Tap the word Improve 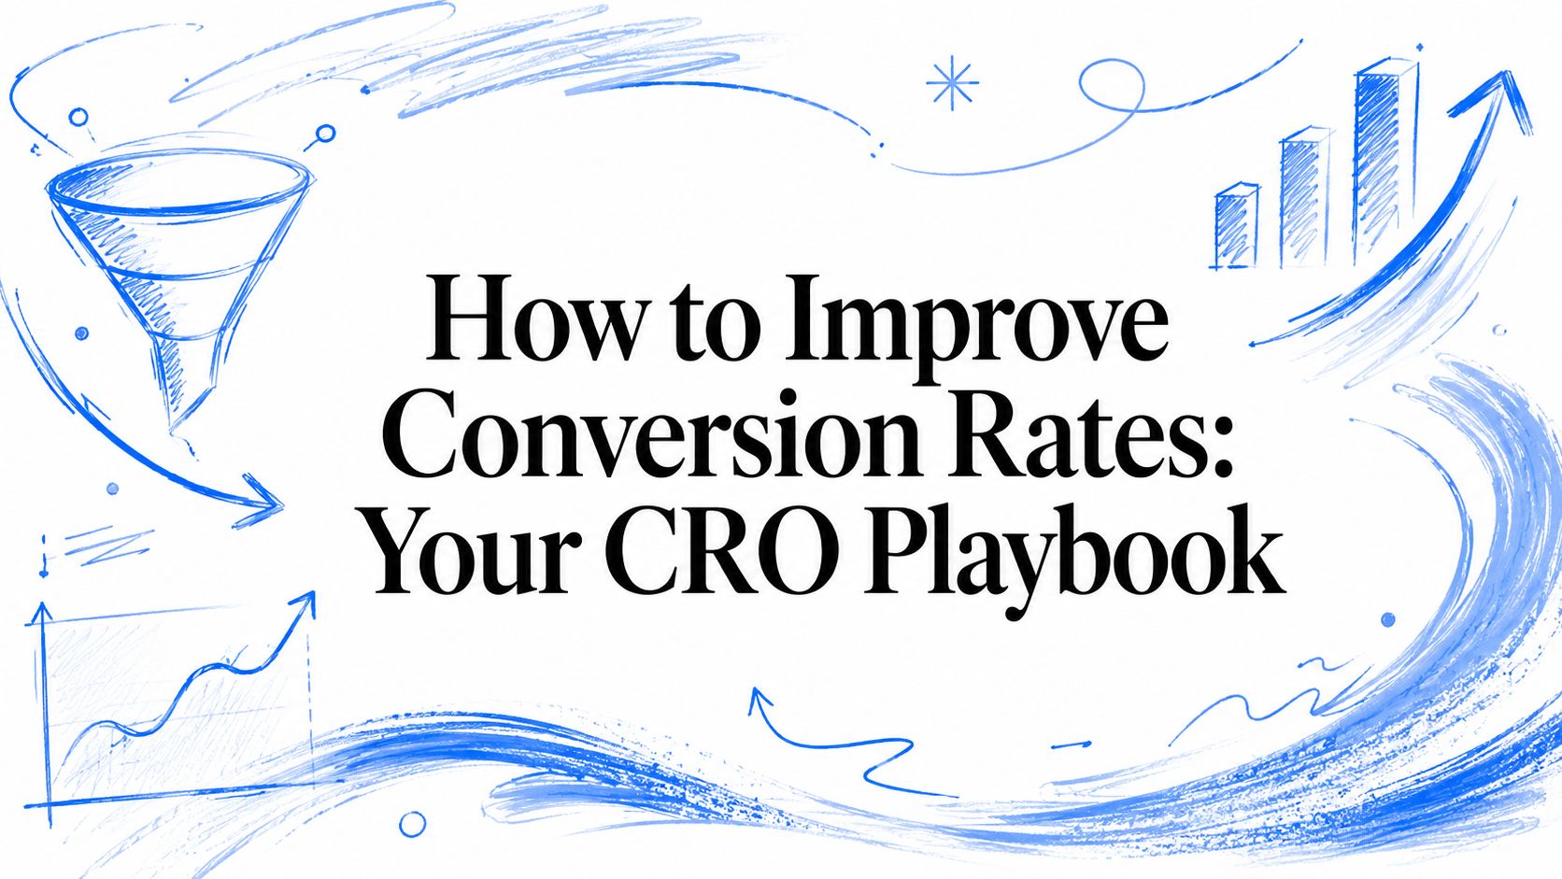click(x=975, y=328)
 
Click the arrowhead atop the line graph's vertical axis click(x=42, y=615)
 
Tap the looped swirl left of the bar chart click(x=1112, y=84)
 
